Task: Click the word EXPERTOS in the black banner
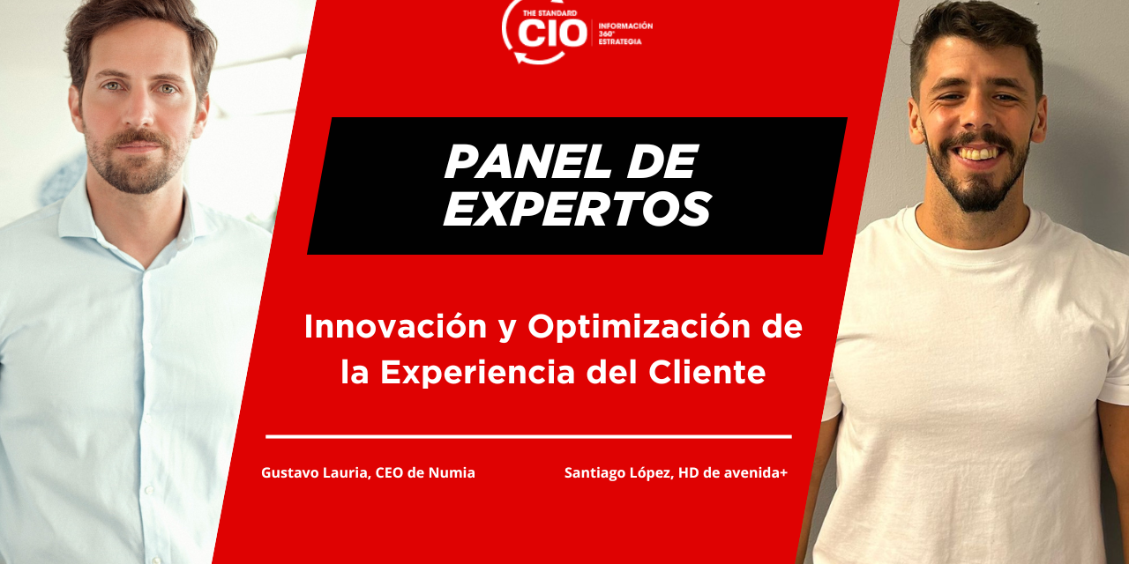[x=577, y=210]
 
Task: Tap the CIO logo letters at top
[x=552, y=33]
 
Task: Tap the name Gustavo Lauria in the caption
[x=314, y=473]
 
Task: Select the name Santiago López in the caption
[x=618, y=473]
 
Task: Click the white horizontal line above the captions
[x=528, y=436]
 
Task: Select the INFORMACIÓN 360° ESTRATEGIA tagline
[x=625, y=33]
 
